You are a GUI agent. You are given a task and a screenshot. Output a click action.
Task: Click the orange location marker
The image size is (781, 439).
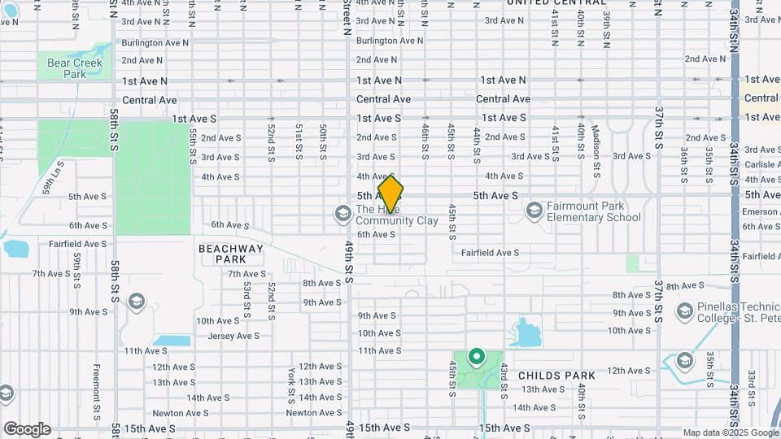pos(390,194)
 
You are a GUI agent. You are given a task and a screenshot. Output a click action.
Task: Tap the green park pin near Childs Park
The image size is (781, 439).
pos(475,358)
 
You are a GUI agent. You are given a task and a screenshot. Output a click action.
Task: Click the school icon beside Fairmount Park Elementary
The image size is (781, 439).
pos(534,211)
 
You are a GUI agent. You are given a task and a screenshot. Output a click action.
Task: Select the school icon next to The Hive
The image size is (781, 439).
pos(343,214)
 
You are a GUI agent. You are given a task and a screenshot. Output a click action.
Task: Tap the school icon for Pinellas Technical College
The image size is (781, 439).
pos(685,310)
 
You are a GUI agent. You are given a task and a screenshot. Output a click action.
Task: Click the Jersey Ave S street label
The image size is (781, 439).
pos(233,336)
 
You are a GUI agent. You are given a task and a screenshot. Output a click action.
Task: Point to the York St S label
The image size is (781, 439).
pos(290,385)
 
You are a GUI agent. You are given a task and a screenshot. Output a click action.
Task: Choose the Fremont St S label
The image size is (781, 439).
pos(97,387)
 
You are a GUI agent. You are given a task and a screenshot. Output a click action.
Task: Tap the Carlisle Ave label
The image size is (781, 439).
pos(761,164)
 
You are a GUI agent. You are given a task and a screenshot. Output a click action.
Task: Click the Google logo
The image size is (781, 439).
pos(27,429)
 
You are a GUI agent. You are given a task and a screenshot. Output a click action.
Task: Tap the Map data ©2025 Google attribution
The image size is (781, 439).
pos(730,432)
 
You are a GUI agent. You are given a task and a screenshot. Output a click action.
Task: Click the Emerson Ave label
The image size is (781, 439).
pos(761,211)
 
